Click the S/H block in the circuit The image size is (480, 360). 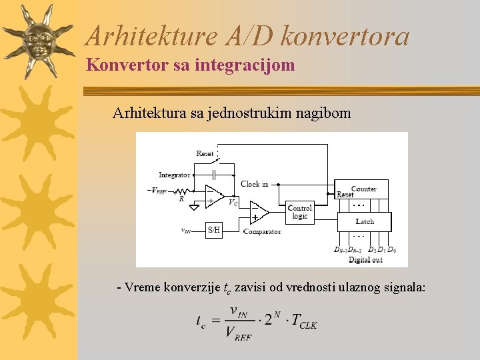tap(213, 230)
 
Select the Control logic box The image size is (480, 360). tap(299, 212)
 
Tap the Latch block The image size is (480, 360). tap(364, 221)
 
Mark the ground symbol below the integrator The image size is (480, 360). tap(194, 207)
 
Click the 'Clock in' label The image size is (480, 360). tap(254, 183)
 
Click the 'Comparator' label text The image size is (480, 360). tap(262, 231)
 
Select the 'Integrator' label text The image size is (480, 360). tap(174, 175)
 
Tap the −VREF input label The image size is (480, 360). tap(157, 190)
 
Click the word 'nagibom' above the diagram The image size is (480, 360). tap(322, 113)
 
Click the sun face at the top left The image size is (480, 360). tap(40, 41)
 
